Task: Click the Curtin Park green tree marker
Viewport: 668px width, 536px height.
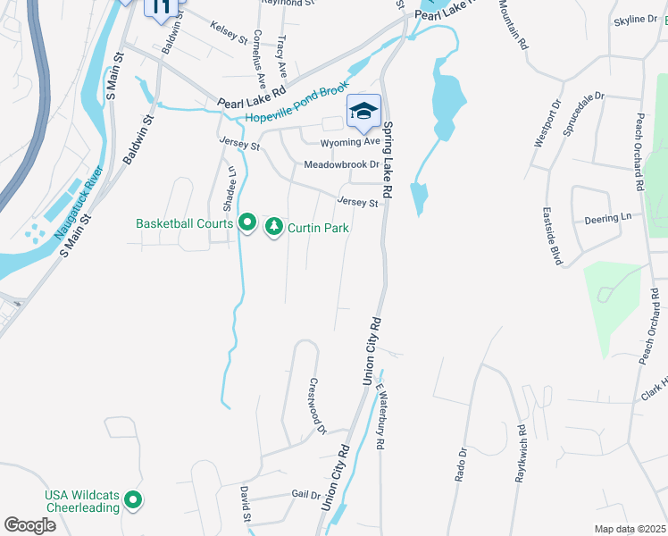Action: coord(274,227)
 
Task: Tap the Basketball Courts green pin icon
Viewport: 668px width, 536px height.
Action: coord(247,222)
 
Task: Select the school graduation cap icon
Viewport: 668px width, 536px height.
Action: coord(363,112)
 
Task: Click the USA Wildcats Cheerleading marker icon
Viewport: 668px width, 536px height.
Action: coord(133,500)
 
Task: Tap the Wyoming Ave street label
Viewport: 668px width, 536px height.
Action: coord(351,142)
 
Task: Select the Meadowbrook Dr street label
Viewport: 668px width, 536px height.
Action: coord(341,165)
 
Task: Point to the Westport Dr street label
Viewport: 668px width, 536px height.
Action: coord(544,130)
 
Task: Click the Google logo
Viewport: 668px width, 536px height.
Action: coord(29,525)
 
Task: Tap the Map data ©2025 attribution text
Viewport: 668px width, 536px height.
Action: coord(630,529)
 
